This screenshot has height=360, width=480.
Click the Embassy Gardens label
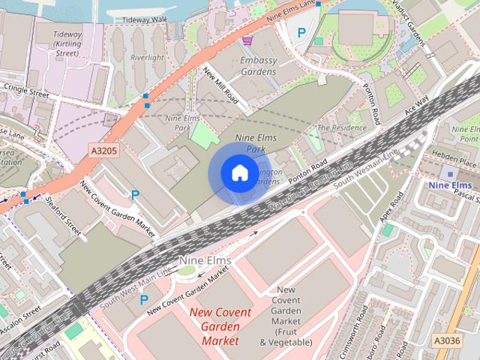coord(258,66)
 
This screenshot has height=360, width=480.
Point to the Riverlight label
coord(146,56)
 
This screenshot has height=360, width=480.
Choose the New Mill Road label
coord(220,85)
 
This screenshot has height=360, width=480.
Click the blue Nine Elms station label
coord(449,185)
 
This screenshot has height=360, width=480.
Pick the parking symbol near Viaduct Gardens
coord(301,32)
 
